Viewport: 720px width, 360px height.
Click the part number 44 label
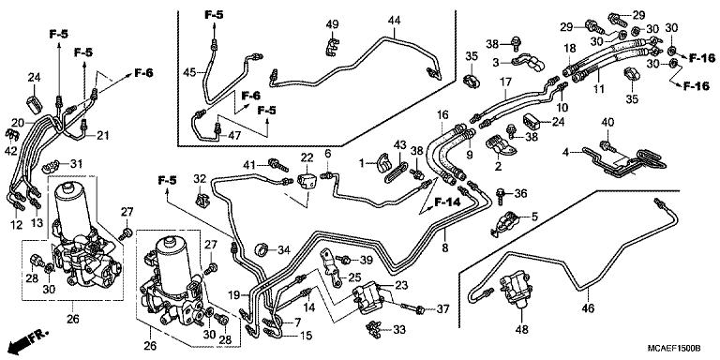394,21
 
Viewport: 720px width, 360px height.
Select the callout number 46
588,308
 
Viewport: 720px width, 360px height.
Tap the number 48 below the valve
522,329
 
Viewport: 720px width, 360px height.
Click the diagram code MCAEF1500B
674,348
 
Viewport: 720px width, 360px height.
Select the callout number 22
307,158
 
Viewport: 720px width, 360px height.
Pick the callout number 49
332,24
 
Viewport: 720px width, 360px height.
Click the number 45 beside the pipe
189,72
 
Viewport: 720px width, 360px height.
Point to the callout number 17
505,82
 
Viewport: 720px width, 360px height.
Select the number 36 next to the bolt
520,194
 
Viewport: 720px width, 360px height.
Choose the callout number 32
200,179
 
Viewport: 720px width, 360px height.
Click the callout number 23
401,285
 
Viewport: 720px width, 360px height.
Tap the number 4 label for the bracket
566,152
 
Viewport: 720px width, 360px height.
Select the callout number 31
76,163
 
